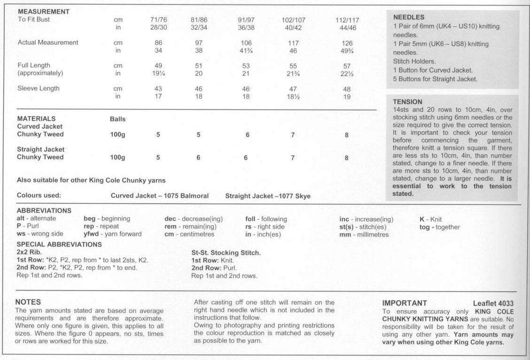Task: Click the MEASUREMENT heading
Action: click(44, 11)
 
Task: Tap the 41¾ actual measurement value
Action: click(246, 51)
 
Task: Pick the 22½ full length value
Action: click(346, 74)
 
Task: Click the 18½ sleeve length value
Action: click(293, 96)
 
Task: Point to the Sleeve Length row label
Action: click(38, 88)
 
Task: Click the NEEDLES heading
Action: click(408, 17)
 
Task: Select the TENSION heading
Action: click(407, 101)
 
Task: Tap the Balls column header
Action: click(117, 119)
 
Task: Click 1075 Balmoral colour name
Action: click(186, 196)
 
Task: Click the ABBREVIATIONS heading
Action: click(44, 211)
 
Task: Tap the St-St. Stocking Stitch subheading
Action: click(226, 253)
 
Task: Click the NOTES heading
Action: click(28, 302)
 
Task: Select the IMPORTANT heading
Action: click(405, 303)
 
